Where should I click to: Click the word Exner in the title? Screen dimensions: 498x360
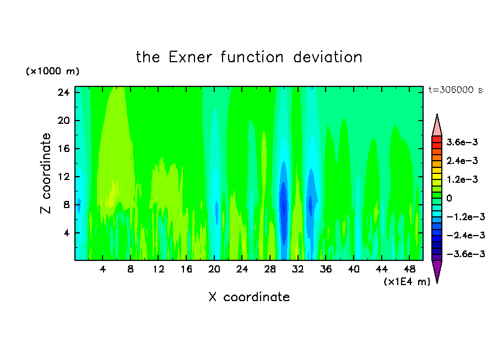click(x=190, y=57)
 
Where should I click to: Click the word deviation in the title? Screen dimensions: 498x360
click(x=327, y=57)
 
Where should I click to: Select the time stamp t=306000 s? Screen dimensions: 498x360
click(x=456, y=90)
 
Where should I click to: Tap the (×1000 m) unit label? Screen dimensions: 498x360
click(x=52, y=71)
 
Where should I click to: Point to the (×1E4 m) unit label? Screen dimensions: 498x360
click(x=407, y=282)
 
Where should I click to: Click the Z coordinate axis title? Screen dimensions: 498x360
click(x=46, y=173)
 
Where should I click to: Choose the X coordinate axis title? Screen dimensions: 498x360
click(x=249, y=297)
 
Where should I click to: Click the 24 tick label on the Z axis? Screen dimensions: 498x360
click(x=63, y=92)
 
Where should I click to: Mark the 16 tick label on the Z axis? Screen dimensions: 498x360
click(x=63, y=149)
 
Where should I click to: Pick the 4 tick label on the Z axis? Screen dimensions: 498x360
click(x=66, y=233)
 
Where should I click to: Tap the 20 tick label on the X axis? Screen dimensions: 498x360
click(x=214, y=269)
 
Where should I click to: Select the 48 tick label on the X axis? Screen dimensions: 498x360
click(x=409, y=269)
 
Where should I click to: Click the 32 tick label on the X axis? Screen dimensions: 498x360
click(x=297, y=269)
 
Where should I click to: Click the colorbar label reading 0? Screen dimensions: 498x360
click(x=449, y=198)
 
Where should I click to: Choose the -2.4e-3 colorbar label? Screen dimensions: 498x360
click(x=465, y=235)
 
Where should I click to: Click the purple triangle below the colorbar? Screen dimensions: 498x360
click(x=437, y=269)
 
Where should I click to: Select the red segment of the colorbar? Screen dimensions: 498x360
click(x=437, y=139)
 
